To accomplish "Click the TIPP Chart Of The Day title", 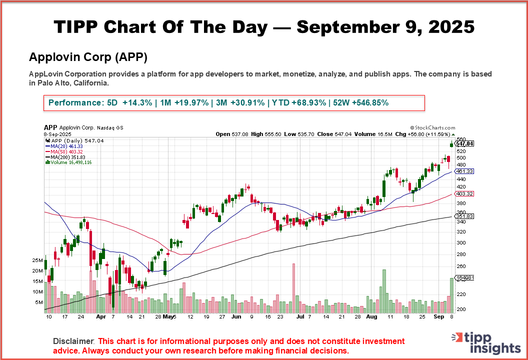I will coord(264,27).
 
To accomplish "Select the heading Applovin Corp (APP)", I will coord(88,57).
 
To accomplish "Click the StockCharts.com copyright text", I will coord(432,128).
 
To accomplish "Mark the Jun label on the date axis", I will coord(236,317).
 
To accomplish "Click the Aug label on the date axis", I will coord(371,317).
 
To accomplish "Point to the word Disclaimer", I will coord(73,341).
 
